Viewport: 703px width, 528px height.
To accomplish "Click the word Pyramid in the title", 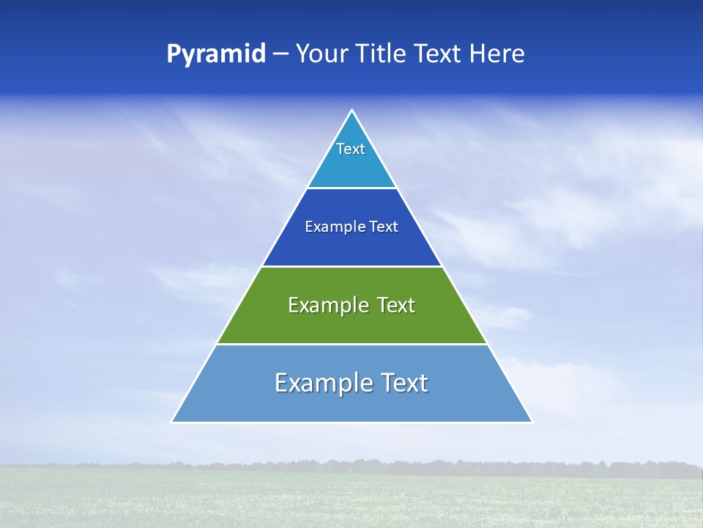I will pos(216,54).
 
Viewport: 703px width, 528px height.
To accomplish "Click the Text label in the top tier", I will pos(351,149).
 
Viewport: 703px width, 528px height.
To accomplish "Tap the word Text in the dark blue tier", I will pos(384,227).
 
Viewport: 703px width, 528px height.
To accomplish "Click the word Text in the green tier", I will pos(396,305).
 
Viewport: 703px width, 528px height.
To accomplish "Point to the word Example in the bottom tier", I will pos(322,383).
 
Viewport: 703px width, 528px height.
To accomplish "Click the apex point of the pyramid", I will pos(351,111).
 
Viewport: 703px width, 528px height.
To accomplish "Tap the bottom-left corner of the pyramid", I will pos(172,422).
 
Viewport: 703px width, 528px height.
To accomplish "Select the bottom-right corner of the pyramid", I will pos(532,422).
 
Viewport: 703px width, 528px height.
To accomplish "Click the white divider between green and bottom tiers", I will pos(351,344).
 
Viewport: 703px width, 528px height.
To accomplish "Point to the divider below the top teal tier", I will pos(351,188).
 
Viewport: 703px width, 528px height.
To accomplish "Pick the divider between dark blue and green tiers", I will pos(351,266).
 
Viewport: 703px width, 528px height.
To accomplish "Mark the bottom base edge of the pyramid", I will pos(351,422).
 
